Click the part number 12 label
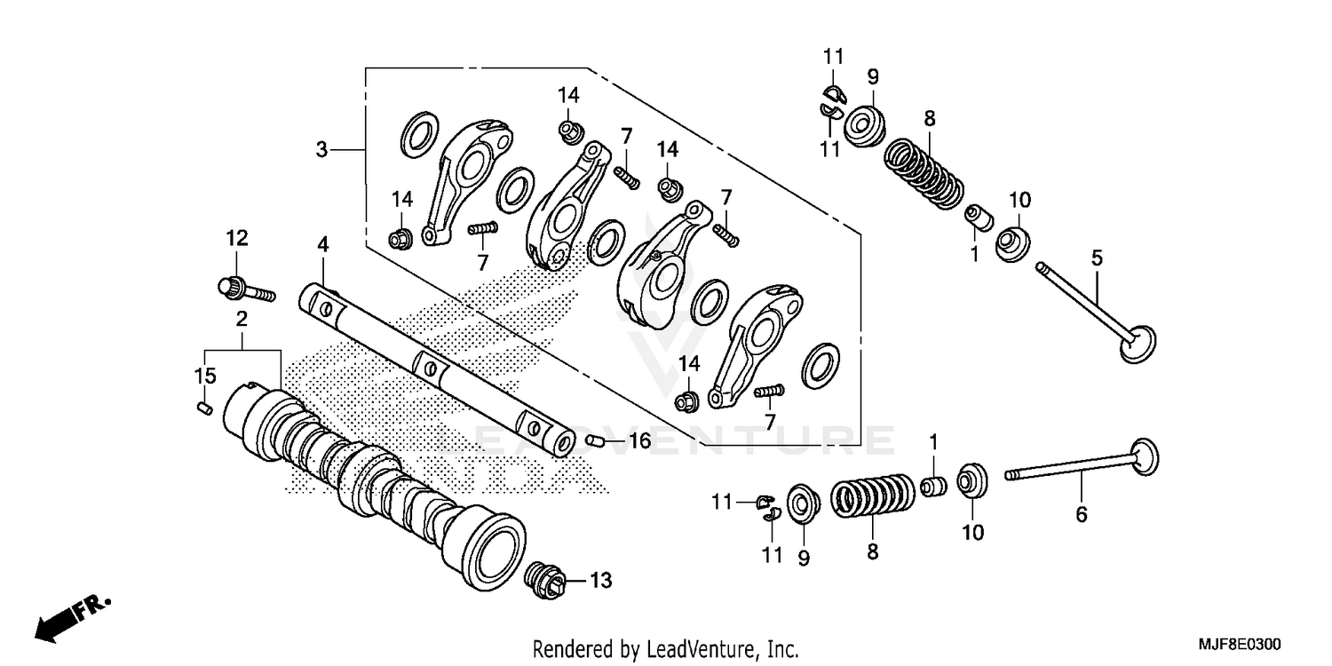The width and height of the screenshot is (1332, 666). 236,238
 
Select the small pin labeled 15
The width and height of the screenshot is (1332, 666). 203,407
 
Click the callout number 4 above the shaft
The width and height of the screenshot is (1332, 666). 323,242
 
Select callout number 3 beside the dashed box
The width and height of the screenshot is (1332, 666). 322,150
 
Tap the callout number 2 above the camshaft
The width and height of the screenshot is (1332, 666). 241,318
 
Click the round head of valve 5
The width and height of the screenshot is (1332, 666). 1139,345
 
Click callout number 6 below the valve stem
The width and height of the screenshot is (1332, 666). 1081,514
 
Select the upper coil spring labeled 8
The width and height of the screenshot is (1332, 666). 924,170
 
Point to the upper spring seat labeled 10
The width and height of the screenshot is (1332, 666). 1013,242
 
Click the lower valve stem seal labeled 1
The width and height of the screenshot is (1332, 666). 933,487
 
